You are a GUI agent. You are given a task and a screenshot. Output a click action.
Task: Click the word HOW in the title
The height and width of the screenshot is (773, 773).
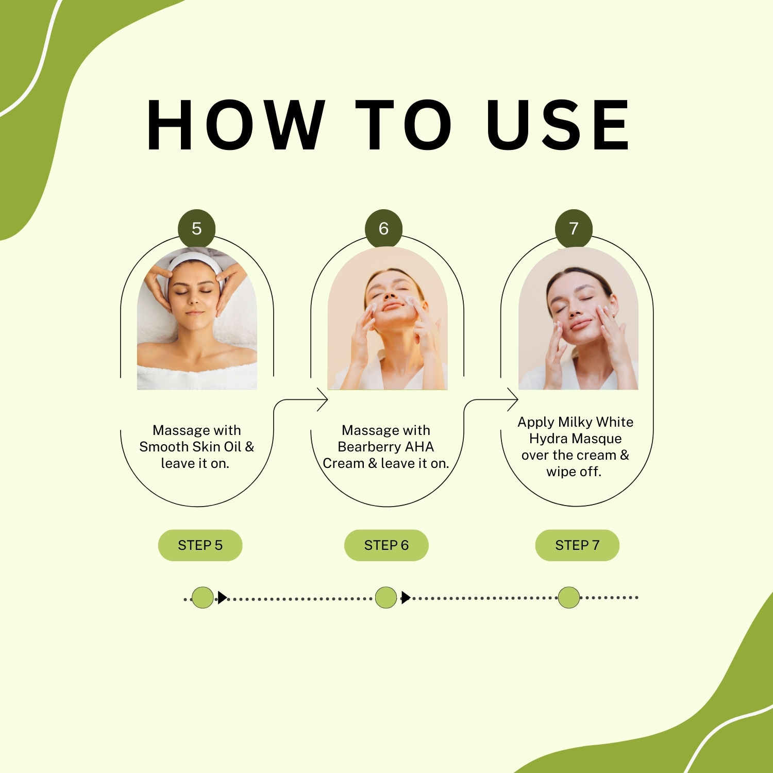[236, 125]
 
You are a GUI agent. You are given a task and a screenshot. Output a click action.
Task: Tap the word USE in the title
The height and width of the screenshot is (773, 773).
[558, 125]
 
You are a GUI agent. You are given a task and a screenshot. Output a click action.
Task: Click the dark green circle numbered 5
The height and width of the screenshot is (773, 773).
[197, 228]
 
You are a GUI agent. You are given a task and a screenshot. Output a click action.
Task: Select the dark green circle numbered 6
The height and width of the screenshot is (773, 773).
[383, 228]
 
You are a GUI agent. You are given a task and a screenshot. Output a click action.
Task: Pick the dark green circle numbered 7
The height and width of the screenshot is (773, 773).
[574, 228]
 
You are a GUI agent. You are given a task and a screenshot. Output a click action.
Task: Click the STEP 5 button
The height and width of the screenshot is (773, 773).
[200, 545]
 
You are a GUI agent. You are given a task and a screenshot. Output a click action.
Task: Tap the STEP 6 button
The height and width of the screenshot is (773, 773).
[386, 545]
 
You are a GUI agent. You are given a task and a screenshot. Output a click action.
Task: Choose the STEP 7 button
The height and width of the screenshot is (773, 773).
[577, 545]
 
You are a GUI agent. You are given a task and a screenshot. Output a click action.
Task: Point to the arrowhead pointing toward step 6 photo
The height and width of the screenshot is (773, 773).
[323, 399]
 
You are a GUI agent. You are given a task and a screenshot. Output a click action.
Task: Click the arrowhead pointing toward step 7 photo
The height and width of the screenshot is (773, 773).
[513, 399]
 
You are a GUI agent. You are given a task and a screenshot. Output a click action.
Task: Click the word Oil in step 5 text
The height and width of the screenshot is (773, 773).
[232, 446]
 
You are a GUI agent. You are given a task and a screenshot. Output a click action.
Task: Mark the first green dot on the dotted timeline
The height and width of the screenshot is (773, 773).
[203, 598]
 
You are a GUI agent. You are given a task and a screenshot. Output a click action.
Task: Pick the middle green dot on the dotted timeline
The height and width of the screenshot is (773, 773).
[386, 598]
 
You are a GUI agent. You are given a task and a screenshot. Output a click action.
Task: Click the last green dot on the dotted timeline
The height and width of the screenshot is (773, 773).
[569, 597]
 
